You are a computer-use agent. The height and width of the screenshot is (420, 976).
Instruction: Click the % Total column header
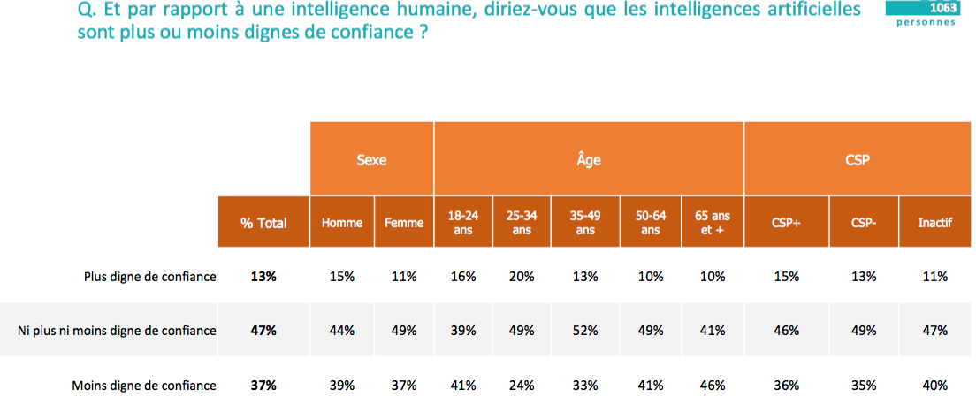(x=263, y=223)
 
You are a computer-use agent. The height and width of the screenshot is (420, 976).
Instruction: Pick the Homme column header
(x=342, y=223)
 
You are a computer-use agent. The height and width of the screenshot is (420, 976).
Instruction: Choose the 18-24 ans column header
(x=463, y=223)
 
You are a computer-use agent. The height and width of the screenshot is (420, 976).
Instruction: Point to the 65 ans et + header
(x=713, y=223)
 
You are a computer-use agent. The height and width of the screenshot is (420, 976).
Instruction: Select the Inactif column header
(x=935, y=223)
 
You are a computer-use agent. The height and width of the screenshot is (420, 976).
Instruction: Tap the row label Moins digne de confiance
(x=144, y=386)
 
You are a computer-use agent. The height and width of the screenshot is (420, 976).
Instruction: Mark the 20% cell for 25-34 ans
(x=522, y=277)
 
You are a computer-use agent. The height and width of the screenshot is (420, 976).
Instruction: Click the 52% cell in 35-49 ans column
(x=585, y=331)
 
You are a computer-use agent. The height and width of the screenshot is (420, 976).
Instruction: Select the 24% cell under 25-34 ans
(x=522, y=386)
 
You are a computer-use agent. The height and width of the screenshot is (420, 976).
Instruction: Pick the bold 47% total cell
(x=263, y=331)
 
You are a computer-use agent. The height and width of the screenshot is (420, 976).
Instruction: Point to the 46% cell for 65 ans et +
(x=713, y=386)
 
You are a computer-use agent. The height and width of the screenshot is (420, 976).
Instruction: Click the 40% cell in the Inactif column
(x=935, y=386)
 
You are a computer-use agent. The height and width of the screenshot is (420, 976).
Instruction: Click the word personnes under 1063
(x=926, y=22)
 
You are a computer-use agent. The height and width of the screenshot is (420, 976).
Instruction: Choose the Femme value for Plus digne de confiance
(x=404, y=277)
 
